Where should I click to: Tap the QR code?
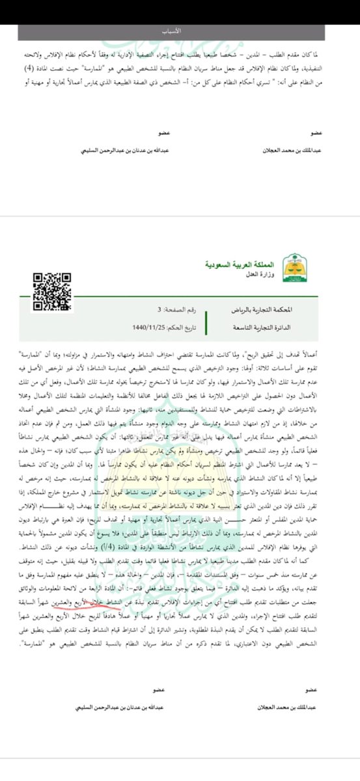coord(53,283)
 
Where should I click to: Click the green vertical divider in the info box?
coord(205,319)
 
